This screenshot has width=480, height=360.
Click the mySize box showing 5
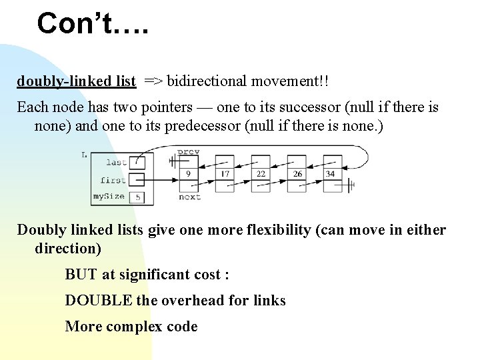coord(137,197)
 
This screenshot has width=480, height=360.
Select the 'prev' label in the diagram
coord(189,152)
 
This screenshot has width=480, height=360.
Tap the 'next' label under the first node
coord(190,197)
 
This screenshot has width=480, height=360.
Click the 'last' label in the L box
coord(116,162)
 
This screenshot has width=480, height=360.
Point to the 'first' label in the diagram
coord(113,179)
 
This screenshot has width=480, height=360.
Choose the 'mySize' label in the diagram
coord(109,197)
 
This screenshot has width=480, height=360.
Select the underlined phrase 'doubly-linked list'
coord(77,81)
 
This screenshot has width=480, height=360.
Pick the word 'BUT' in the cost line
coord(81,275)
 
